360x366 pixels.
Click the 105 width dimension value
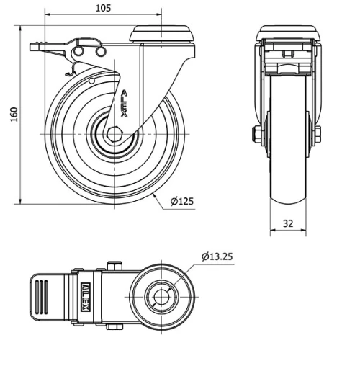(104, 8)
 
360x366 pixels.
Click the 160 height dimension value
(14, 115)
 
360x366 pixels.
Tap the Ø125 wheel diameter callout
(181, 201)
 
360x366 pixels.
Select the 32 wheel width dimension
(288, 223)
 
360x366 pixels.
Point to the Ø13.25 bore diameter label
(217, 256)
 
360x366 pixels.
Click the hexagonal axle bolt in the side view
(114, 134)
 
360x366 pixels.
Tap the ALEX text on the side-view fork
(124, 104)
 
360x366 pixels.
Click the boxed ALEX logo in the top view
(86, 297)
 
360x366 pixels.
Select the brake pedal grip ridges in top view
(42, 297)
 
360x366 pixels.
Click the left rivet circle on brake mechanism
(78, 51)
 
